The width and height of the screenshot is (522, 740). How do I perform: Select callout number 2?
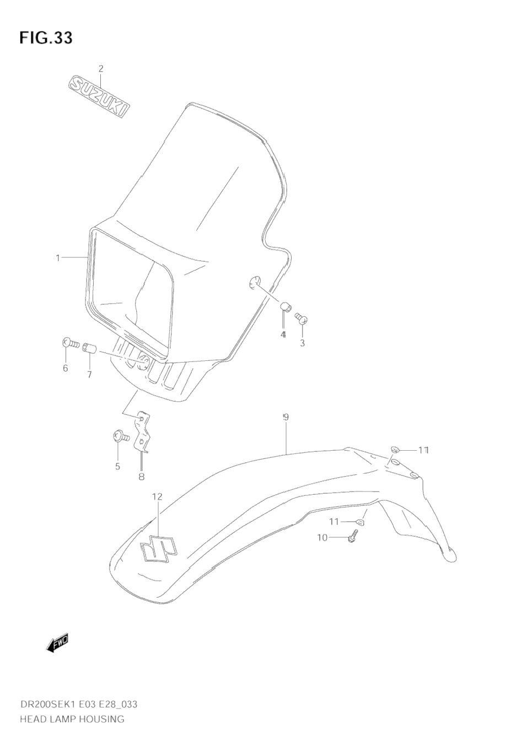(x=101, y=69)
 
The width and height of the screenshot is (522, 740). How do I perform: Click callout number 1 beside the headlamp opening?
(x=57, y=258)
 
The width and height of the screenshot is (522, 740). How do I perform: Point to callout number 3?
(x=302, y=343)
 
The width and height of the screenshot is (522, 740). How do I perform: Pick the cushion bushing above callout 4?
(x=286, y=306)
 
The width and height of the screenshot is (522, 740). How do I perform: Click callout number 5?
(x=117, y=467)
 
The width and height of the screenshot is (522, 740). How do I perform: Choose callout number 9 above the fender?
(x=286, y=418)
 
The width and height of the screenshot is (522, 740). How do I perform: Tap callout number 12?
(x=157, y=496)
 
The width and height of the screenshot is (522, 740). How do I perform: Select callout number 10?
(x=322, y=537)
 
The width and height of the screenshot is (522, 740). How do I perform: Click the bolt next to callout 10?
(x=353, y=536)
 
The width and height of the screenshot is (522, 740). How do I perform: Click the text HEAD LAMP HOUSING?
(x=72, y=719)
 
